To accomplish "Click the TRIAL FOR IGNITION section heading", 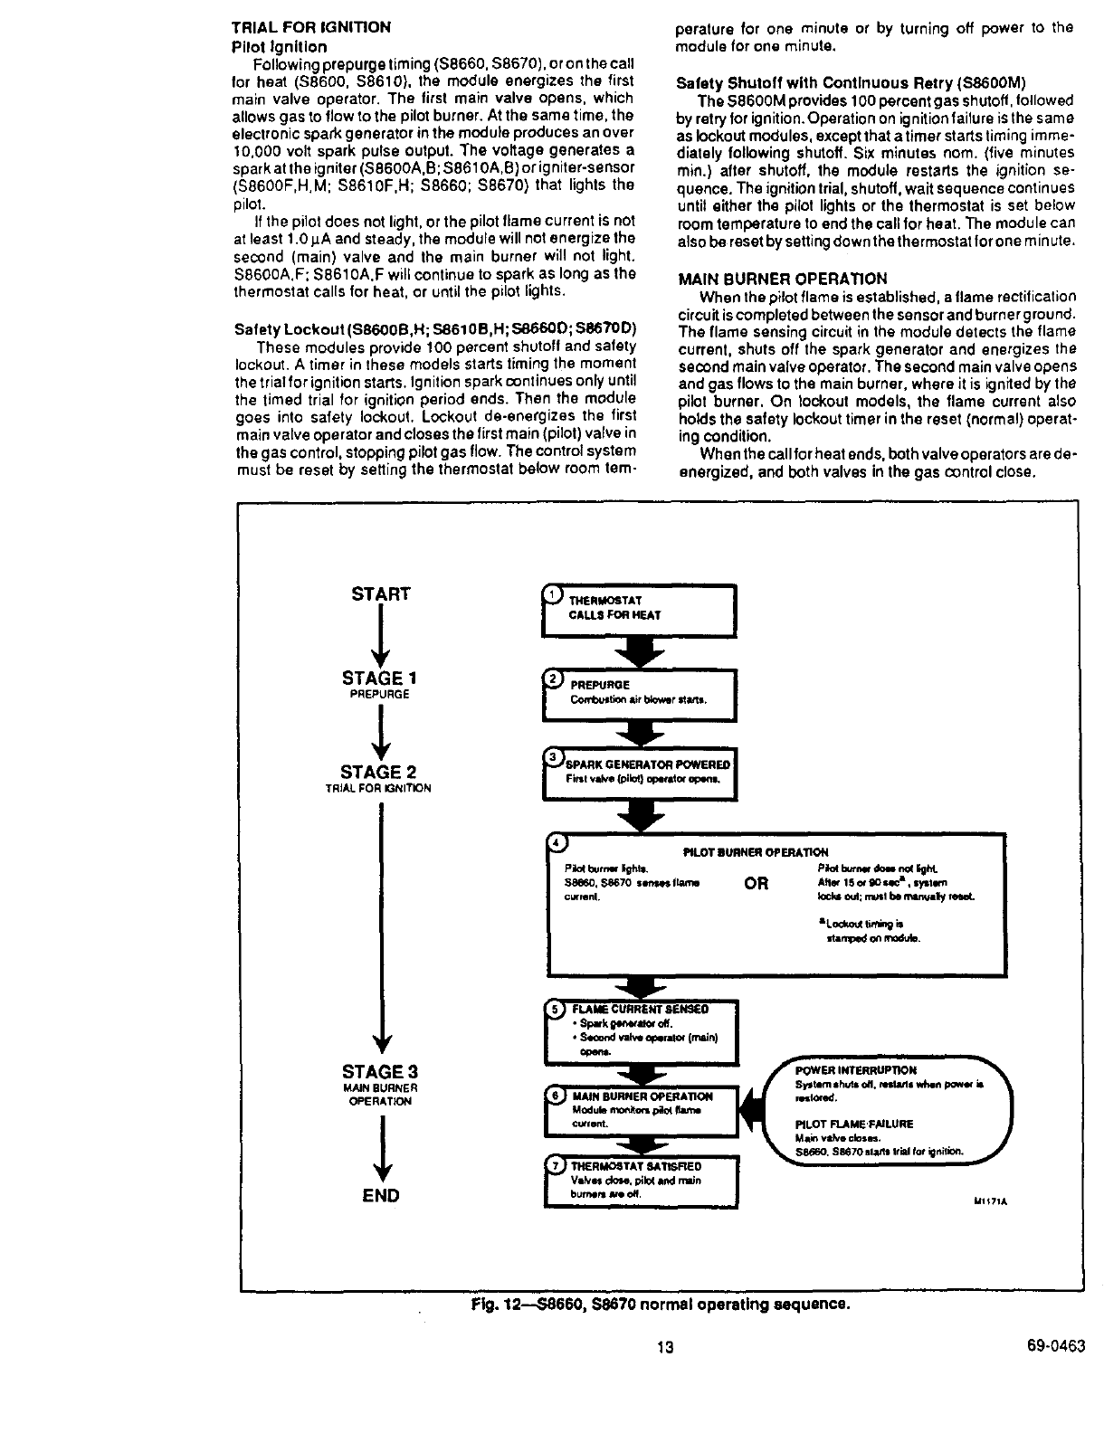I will [311, 27].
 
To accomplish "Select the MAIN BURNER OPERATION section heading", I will [782, 279].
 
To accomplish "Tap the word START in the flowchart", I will [380, 594].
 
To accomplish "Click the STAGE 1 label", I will [379, 679].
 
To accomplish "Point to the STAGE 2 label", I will [378, 772].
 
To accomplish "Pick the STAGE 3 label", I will [378, 1073].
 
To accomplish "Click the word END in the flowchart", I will [380, 1195].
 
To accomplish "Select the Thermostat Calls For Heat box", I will [639, 610].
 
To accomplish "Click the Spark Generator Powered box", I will [639, 773].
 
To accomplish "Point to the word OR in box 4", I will [757, 884].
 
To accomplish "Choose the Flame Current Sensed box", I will [639, 1031].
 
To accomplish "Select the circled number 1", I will [551, 594].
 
